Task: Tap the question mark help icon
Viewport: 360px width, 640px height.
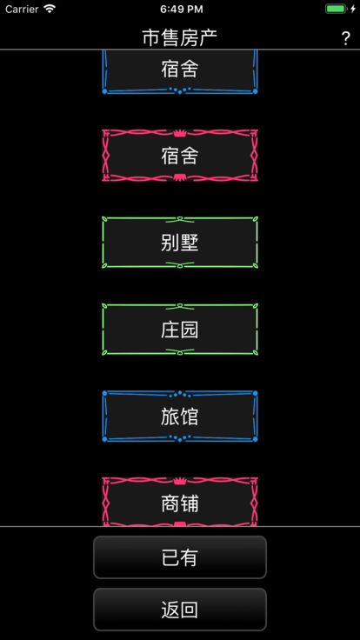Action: coord(345,38)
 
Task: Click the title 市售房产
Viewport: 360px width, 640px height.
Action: coord(180,38)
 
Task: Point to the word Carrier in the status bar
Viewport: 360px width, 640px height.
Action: coord(22,9)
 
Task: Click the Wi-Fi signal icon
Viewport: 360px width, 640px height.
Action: coord(50,9)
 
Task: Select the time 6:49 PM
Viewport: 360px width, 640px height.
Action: coord(181,9)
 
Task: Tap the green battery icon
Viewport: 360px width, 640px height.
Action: coord(336,9)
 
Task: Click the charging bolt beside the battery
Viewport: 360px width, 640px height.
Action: coord(353,9)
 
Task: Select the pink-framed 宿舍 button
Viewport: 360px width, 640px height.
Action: coord(180,156)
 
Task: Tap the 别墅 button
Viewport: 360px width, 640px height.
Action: coord(180,243)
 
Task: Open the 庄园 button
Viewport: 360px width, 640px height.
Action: coord(180,330)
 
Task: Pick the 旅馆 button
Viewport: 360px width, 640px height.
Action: coord(180,417)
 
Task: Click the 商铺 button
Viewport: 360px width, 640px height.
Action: coord(180,502)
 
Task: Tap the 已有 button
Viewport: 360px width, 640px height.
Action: coord(180,557)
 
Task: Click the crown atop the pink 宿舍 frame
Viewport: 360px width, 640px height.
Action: coord(178,133)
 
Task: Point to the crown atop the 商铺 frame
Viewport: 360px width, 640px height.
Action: coord(178,480)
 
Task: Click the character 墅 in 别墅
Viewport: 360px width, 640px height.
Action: coord(190,243)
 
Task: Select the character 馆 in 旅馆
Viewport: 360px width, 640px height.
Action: coord(190,417)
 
